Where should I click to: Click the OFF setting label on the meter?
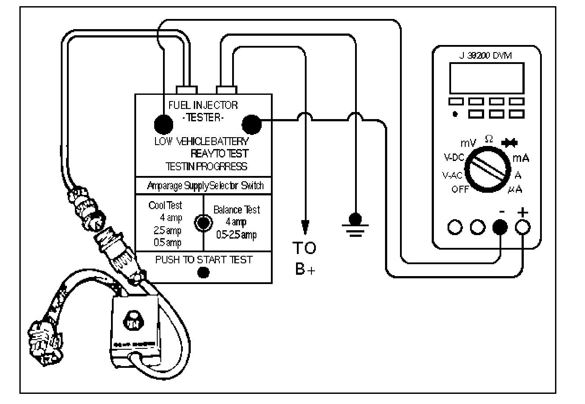tap(460, 190)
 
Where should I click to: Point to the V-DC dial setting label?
tap(453, 158)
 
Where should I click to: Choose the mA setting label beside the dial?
tap(520, 157)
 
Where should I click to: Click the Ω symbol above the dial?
tap(488, 138)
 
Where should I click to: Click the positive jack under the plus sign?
tap(523, 227)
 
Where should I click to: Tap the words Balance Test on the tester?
tap(237, 210)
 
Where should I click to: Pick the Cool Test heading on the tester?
tap(165, 206)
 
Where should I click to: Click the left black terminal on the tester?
tap(163, 123)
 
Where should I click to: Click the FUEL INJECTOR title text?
tap(203, 105)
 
